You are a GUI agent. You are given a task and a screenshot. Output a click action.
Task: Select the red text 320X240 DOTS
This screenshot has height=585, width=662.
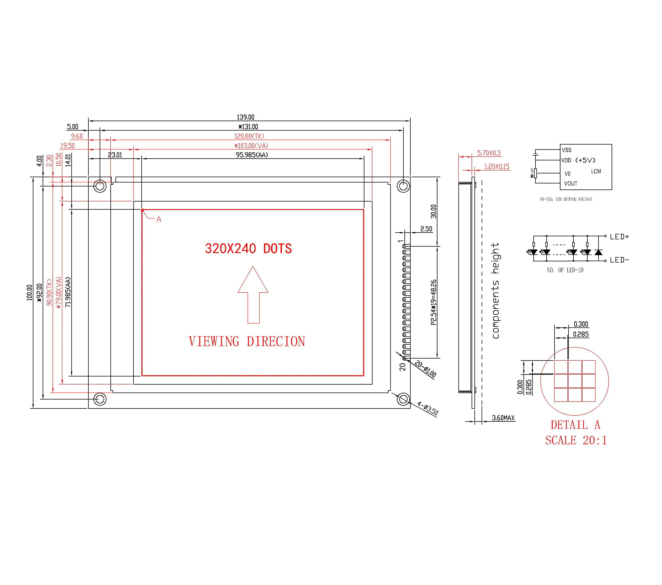click(x=248, y=249)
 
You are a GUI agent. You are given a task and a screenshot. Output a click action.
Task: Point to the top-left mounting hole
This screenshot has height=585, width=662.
click(x=100, y=186)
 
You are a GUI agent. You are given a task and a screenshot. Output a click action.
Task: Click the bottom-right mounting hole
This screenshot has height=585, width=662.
click(x=403, y=399)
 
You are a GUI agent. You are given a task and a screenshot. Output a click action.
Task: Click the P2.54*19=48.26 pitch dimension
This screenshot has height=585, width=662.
click(x=433, y=302)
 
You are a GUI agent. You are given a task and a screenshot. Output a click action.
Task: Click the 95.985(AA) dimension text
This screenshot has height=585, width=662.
click(x=252, y=155)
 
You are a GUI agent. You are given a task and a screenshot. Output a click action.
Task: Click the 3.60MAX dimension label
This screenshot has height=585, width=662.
click(x=503, y=418)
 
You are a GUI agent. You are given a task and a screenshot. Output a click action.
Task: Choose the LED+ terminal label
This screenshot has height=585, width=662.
click(x=619, y=237)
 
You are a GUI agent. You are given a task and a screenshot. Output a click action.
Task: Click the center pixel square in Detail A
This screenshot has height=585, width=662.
click(x=575, y=381)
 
